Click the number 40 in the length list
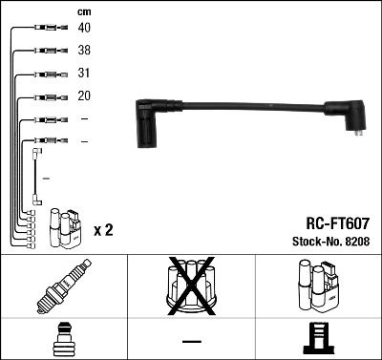tap(84, 28)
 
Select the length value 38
tap(84, 50)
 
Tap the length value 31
tap(84, 74)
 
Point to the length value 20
tap(84, 96)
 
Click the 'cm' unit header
tap(83, 11)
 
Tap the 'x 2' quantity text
tap(104, 231)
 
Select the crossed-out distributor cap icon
tap(190, 286)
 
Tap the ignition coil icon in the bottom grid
tap(317, 286)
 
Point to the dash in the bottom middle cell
tap(191, 341)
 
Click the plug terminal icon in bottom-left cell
tap(63, 341)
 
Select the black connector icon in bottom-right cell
tap(317, 340)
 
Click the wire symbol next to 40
tap(49, 28)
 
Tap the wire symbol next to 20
tap(49, 96)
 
